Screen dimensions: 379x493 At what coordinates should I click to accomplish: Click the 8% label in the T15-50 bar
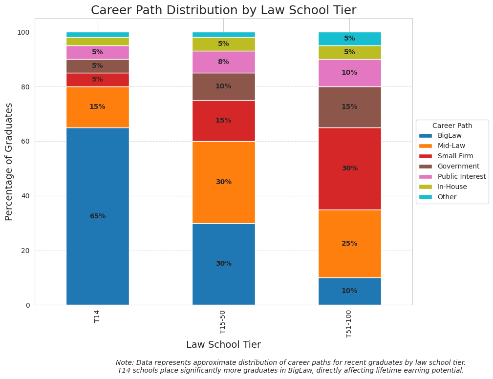point(223,62)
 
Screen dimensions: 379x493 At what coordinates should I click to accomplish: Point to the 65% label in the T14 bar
point(97,216)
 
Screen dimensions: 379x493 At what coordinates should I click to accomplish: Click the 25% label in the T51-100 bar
point(349,244)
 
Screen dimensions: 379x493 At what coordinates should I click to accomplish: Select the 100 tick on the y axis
point(23,32)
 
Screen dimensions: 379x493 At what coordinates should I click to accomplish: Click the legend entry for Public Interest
point(462,176)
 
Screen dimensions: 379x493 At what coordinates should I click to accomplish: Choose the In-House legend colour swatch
point(426,187)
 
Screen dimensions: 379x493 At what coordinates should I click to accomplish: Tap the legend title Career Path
point(452,126)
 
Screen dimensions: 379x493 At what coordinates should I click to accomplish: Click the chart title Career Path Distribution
point(223,10)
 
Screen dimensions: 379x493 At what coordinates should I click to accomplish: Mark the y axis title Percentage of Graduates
point(9,162)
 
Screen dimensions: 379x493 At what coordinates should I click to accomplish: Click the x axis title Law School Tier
point(223,345)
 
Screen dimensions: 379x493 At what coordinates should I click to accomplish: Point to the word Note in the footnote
point(125,362)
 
